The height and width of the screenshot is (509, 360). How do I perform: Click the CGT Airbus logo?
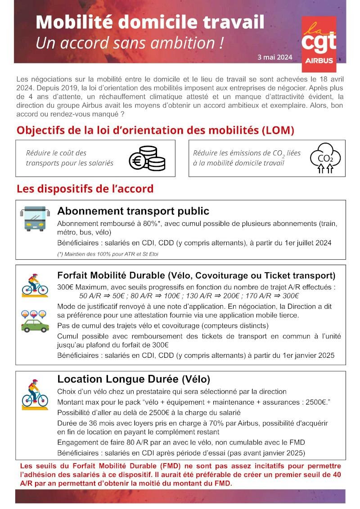click(x=319, y=44)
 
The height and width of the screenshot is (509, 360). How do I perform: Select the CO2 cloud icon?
click(x=325, y=158)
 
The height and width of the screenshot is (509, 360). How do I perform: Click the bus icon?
click(x=35, y=218)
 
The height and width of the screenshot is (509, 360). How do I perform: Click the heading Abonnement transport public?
click(x=133, y=211)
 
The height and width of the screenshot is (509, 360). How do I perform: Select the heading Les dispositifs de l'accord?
click(x=85, y=189)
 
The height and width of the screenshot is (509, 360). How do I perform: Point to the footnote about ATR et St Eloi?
click(x=108, y=254)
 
